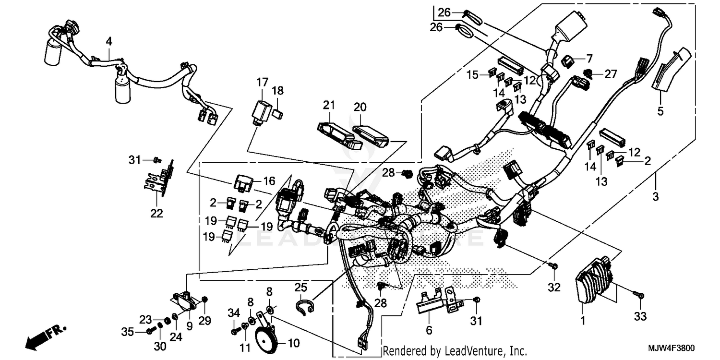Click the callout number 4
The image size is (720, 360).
(x=109, y=42)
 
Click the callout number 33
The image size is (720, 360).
(x=641, y=317)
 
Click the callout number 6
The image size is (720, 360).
(x=429, y=330)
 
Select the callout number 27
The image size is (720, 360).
(x=610, y=74)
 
